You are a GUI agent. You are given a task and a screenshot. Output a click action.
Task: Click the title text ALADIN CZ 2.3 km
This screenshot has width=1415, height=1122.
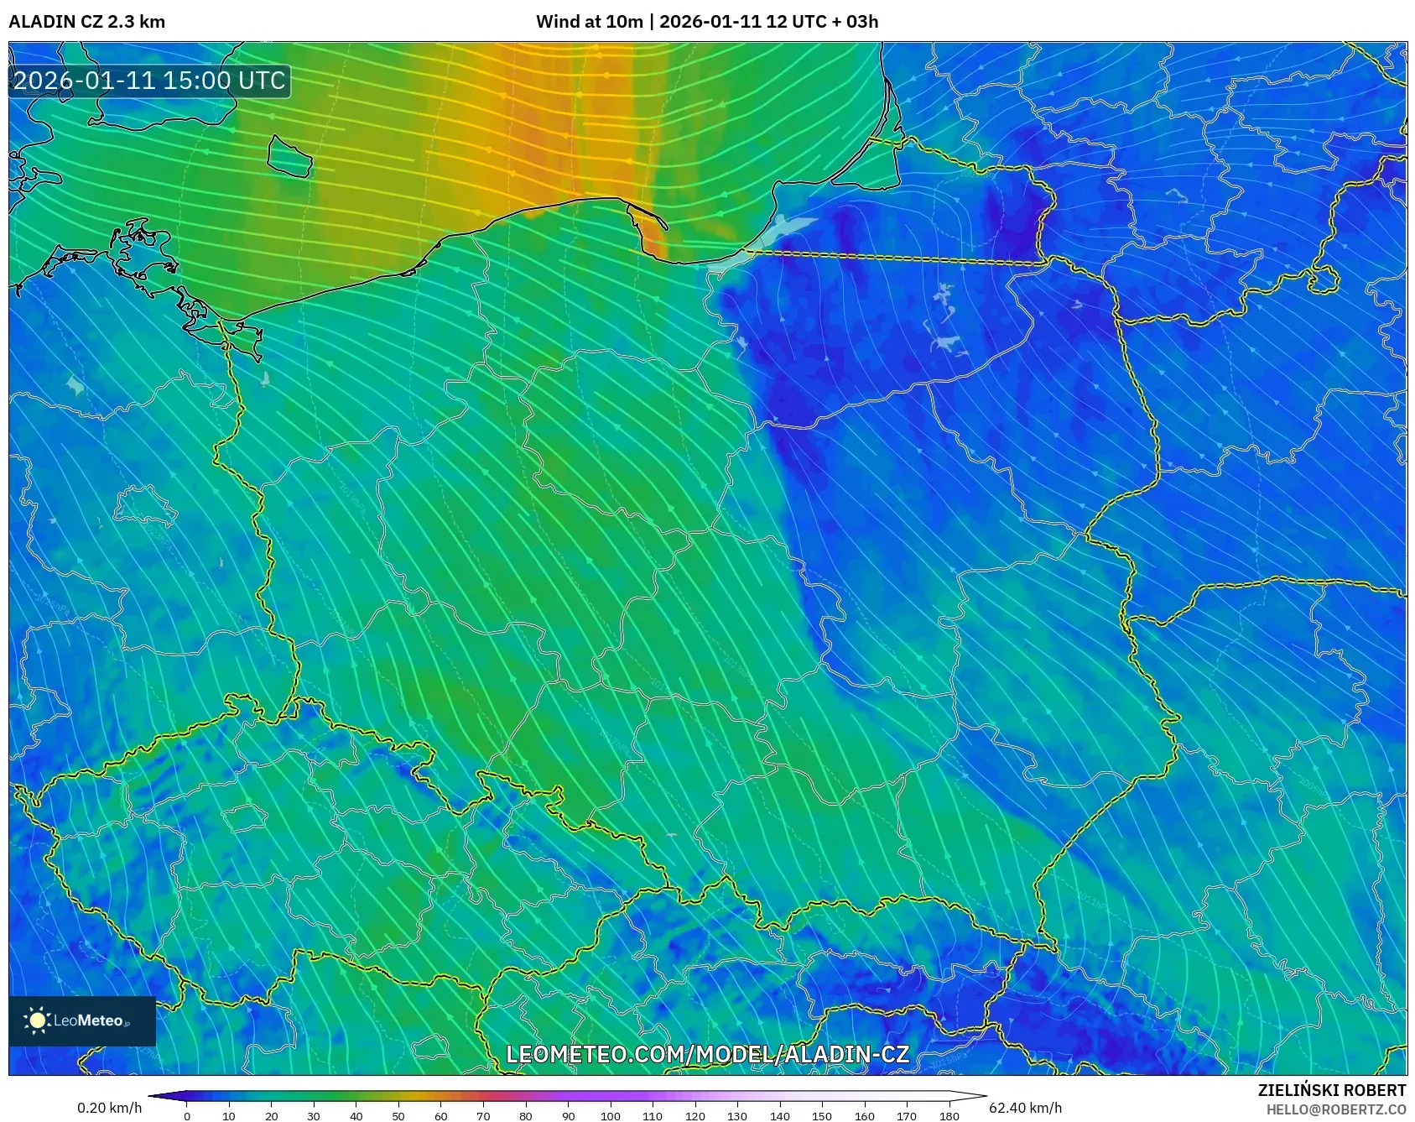[x=86, y=22]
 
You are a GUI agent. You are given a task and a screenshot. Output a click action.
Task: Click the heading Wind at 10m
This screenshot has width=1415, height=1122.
[x=589, y=22]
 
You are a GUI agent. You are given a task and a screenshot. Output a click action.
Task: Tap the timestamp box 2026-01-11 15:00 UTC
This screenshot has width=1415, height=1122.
[x=149, y=81]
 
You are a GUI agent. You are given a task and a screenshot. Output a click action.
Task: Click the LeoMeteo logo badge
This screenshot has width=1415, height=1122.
[x=82, y=1020]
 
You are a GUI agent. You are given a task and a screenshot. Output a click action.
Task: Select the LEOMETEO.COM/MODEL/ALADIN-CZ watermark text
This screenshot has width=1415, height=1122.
[x=707, y=1054]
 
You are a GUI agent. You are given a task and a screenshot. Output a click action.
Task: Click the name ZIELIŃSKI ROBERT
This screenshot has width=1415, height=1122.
[x=1331, y=1090]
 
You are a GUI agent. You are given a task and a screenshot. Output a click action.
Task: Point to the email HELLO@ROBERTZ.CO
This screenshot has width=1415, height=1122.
[x=1335, y=1109]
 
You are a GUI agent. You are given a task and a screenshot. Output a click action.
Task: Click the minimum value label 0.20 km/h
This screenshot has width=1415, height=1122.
[x=109, y=1108]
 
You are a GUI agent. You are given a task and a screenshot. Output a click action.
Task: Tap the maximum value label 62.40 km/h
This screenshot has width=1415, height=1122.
[x=1025, y=1108]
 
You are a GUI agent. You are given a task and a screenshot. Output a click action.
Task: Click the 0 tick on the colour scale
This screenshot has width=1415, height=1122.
[x=186, y=1115]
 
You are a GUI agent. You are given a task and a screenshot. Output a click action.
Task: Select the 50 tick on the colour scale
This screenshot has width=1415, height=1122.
[x=398, y=1115]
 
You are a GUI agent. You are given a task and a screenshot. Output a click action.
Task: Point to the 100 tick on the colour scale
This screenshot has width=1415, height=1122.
[x=610, y=1115]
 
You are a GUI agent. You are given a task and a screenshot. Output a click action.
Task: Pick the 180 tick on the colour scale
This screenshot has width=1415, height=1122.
[x=949, y=1115]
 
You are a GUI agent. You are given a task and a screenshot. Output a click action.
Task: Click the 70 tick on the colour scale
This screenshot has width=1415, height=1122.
[x=483, y=1115]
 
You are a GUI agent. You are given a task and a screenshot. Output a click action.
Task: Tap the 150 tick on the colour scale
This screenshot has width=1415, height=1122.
[x=822, y=1115]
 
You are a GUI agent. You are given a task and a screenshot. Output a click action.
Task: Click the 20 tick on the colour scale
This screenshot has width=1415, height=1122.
[x=271, y=1115]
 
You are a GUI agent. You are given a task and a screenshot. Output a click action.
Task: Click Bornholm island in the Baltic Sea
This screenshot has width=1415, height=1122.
[x=289, y=157]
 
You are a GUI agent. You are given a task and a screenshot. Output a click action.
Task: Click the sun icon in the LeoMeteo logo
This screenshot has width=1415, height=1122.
[x=37, y=1020]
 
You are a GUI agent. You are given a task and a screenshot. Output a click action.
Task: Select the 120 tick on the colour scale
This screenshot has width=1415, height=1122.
[x=694, y=1115]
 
